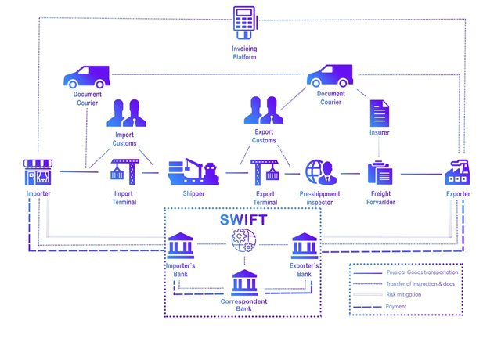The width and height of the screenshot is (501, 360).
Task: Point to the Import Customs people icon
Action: (124, 113)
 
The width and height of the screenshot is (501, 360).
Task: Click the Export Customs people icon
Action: (264, 110)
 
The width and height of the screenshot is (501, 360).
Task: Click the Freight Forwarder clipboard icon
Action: (380, 172)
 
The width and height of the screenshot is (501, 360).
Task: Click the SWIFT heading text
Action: (243, 220)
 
